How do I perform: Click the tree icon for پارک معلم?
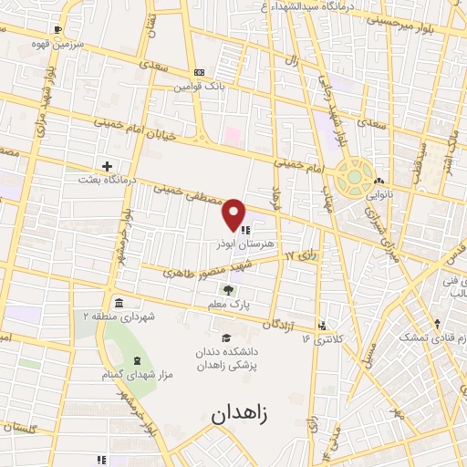point(240,290)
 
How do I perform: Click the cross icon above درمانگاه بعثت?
point(109,166)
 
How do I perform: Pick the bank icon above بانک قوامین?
point(198,73)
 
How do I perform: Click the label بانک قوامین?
point(202,88)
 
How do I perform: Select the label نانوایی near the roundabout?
point(379,194)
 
